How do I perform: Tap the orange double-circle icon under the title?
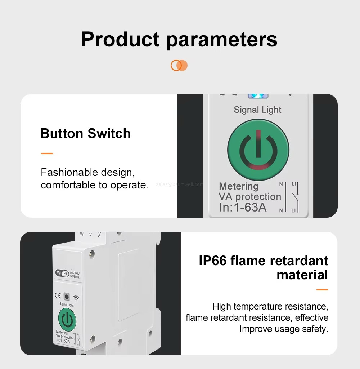pyautogui.click(x=179, y=65)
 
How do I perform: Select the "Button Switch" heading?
pyautogui.click(x=85, y=133)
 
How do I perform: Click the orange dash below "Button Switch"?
pyautogui.click(x=47, y=154)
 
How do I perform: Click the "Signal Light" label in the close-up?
pyautogui.click(x=257, y=110)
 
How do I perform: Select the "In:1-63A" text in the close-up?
pyautogui.click(x=243, y=208)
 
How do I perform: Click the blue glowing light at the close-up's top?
pyautogui.click(x=258, y=96)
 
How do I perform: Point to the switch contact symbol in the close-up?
pyautogui.click(x=294, y=197)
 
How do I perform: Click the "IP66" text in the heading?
pyautogui.click(x=213, y=261)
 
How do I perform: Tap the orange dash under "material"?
pyautogui.click(x=322, y=289)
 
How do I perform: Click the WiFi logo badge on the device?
pyautogui.click(x=62, y=274)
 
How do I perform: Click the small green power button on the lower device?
pyautogui.click(x=67, y=319)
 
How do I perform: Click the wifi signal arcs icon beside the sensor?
pyautogui.click(x=76, y=298)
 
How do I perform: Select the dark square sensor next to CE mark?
pyautogui.click(x=67, y=297)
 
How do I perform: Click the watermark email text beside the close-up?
pyautogui.click(x=179, y=184)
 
